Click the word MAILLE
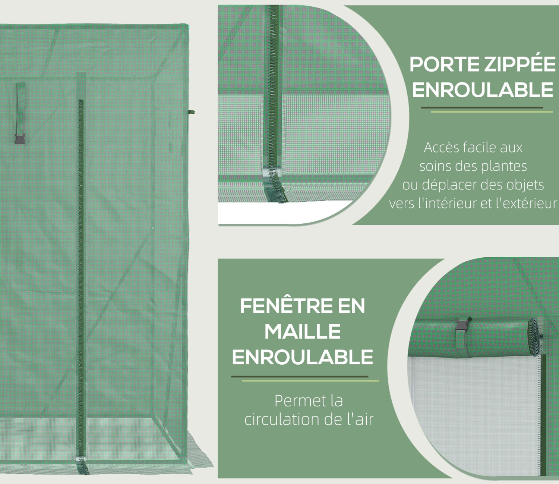coord(302,332)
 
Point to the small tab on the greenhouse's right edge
coord(192,112)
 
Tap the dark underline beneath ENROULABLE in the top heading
coord(482,108)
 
